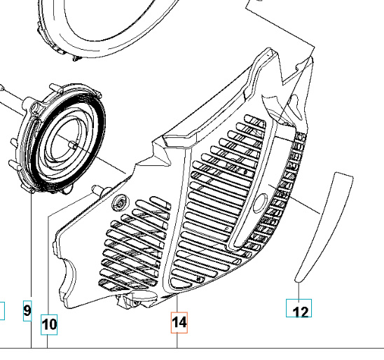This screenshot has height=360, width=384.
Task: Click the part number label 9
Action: (27, 310)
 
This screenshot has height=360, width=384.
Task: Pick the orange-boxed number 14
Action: (179, 323)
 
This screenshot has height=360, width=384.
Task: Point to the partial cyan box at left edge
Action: (1, 310)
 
